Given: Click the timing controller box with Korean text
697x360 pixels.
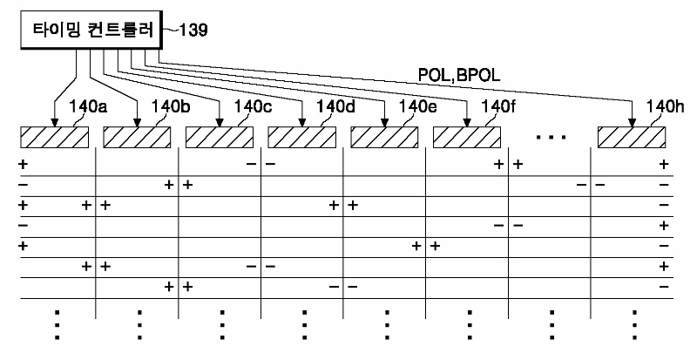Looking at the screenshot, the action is tap(91, 30).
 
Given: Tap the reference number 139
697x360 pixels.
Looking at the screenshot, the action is tap(193, 31).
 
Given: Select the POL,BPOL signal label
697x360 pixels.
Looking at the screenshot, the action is tap(459, 76).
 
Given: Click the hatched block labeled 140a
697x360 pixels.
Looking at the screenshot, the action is tap(54, 137).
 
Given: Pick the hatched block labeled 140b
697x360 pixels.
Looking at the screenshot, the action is tap(137, 137).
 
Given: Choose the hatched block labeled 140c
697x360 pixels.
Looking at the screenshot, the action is tap(220, 137).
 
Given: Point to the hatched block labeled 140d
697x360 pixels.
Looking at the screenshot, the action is tap(301, 137).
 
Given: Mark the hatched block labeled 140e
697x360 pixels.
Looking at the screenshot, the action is tap(384, 137).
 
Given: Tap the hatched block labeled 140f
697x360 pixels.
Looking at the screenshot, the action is tap(467, 137).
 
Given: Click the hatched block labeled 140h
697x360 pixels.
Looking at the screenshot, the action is tap(632, 137).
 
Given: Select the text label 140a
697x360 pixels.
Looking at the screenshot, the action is tap(88, 107).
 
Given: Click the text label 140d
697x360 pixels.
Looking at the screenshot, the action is tap(335, 107).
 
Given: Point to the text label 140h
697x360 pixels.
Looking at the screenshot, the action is tap(666, 107).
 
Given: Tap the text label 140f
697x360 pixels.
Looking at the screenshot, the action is tap(498, 107).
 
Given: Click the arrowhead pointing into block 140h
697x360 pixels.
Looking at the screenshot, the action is tap(633, 123).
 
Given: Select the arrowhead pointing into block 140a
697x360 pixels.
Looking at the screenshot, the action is tap(54, 123).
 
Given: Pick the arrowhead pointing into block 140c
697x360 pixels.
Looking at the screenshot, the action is tap(220, 123).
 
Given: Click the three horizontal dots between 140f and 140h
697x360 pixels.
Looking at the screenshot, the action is tap(552, 137).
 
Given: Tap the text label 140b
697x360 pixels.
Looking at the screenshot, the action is tap(171, 107).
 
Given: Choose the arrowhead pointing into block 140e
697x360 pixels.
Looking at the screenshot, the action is tap(384, 123).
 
